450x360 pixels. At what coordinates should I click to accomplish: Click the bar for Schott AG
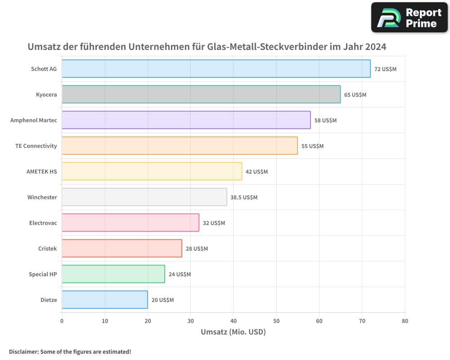pos(216,69)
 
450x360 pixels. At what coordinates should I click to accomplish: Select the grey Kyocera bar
pos(201,94)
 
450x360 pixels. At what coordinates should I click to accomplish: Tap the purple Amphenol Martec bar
pos(186,120)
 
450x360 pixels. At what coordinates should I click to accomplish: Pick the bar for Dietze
pos(104,300)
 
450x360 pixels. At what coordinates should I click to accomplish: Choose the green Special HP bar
pos(113,274)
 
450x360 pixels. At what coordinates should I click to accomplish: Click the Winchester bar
pos(144,197)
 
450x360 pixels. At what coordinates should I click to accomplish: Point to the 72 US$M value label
pos(385,69)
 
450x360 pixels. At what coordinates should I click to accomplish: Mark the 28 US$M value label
pos(197,249)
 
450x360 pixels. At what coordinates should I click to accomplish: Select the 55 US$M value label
pos(312,146)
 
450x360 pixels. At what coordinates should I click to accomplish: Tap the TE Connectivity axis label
pos(36,146)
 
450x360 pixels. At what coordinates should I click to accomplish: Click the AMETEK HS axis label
pos(42,171)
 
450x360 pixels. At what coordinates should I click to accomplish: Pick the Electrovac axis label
pos(43,223)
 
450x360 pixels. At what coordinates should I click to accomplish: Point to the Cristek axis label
pos(48,248)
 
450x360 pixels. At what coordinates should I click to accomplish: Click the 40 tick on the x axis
pos(233,321)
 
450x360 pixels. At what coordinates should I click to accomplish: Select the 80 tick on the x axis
pos(405,321)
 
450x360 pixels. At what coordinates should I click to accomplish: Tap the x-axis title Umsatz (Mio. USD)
pos(233,332)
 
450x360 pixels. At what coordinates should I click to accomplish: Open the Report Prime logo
pos(409,18)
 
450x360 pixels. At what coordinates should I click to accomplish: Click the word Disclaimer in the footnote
pos(23,351)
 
